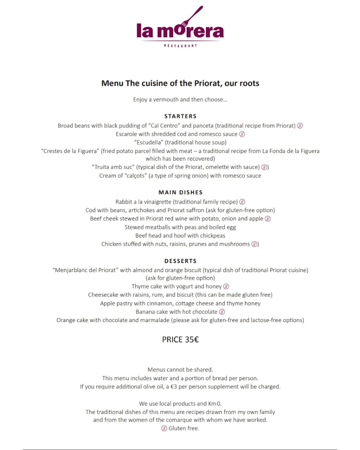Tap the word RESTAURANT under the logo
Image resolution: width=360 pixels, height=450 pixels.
point(180,46)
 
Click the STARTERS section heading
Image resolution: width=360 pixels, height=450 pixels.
point(180,116)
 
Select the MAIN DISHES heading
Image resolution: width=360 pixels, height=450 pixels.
point(180,192)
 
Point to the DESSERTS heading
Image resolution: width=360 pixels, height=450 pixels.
point(180,261)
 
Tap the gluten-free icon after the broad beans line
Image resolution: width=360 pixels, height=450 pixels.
point(300,126)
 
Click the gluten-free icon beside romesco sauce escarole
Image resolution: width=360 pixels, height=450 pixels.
point(242,134)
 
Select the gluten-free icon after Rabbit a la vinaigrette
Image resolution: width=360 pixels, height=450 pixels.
point(242,202)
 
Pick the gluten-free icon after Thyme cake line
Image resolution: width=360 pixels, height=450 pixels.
point(226,287)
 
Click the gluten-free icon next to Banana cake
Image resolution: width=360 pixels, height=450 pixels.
point(222,312)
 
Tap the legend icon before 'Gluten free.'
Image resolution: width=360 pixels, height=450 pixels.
point(164,428)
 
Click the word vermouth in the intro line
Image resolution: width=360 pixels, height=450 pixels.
point(166,99)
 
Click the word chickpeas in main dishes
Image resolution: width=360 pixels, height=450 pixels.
point(213,236)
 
